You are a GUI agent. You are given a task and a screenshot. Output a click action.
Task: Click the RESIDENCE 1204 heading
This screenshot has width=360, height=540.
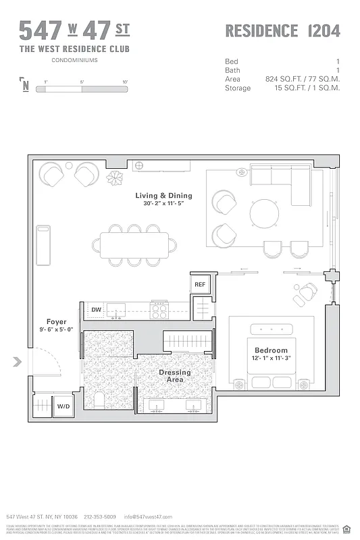click(282, 30)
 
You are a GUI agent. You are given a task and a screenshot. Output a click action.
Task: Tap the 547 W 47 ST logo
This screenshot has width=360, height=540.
click(74, 30)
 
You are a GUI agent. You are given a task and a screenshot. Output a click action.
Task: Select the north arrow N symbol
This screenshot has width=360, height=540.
click(26, 84)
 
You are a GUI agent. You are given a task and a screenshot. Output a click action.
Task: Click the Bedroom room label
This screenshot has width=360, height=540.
click(271, 354)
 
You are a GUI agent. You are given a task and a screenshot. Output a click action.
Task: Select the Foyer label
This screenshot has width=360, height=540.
click(56, 326)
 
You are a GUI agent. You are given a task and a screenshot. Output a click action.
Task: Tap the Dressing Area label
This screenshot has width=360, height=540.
click(175, 376)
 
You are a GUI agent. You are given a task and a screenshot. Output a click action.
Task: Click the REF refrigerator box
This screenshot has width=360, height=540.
click(200, 285)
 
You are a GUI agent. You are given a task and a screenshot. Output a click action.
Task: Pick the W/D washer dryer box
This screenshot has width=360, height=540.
click(63, 407)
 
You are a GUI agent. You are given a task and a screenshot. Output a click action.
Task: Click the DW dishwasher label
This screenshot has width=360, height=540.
click(97, 310)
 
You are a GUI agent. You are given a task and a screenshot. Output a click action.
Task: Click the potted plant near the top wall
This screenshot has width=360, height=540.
click(115, 178)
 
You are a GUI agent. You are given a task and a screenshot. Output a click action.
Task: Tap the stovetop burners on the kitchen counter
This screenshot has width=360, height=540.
click(159, 310)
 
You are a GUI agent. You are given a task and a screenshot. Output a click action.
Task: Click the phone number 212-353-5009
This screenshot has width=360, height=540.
click(100, 516)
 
